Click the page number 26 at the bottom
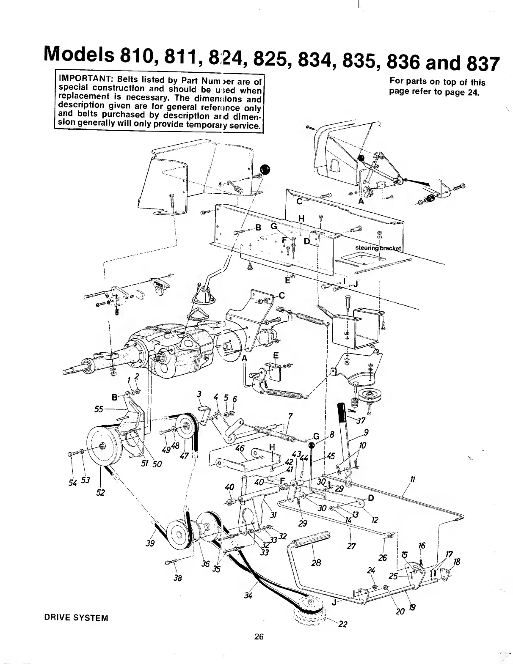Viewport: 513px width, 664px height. coord(259,637)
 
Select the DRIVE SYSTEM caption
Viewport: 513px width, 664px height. coord(76,618)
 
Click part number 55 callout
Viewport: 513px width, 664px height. coord(100,409)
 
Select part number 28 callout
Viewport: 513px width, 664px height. coord(316,562)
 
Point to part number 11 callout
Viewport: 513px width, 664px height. coord(413,479)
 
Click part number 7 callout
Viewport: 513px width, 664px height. coord(290,416)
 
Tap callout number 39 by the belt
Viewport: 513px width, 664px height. coord(150,543)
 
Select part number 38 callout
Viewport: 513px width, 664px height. coord(178,578)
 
